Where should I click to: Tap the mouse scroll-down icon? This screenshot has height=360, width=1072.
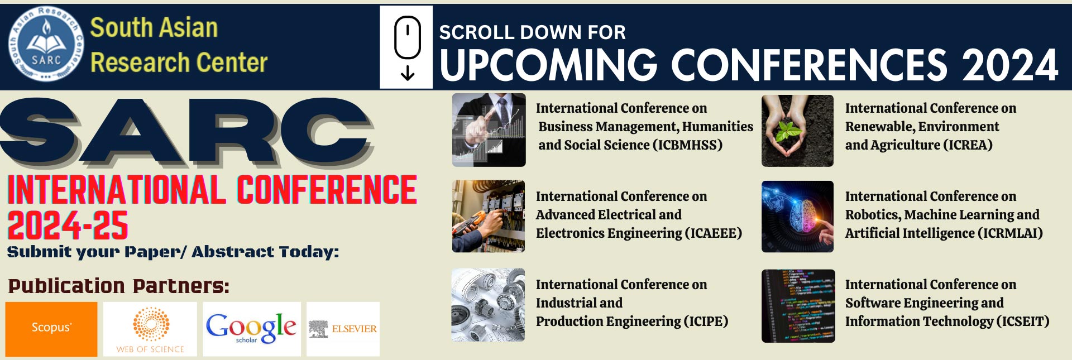(408, 48)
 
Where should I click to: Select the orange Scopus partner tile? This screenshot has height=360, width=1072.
(51, 329)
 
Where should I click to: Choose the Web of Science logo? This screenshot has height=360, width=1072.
(150, 329)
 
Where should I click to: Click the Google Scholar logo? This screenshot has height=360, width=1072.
(252, 329)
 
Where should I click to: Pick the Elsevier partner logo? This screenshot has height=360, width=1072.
(343, 329)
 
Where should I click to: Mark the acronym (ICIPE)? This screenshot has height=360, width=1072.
(705, 321)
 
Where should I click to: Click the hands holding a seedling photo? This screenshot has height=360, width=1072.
(797, 131)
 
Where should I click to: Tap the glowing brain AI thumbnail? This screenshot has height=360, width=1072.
(797, 217)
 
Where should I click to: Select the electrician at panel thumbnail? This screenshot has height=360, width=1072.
(489, 217)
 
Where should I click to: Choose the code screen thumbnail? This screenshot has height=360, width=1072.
(798, 306)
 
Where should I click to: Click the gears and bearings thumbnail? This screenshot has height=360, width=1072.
(489, 305)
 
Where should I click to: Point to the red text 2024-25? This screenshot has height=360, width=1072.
(68, 225)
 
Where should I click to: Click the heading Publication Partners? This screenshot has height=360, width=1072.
(119, 286)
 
